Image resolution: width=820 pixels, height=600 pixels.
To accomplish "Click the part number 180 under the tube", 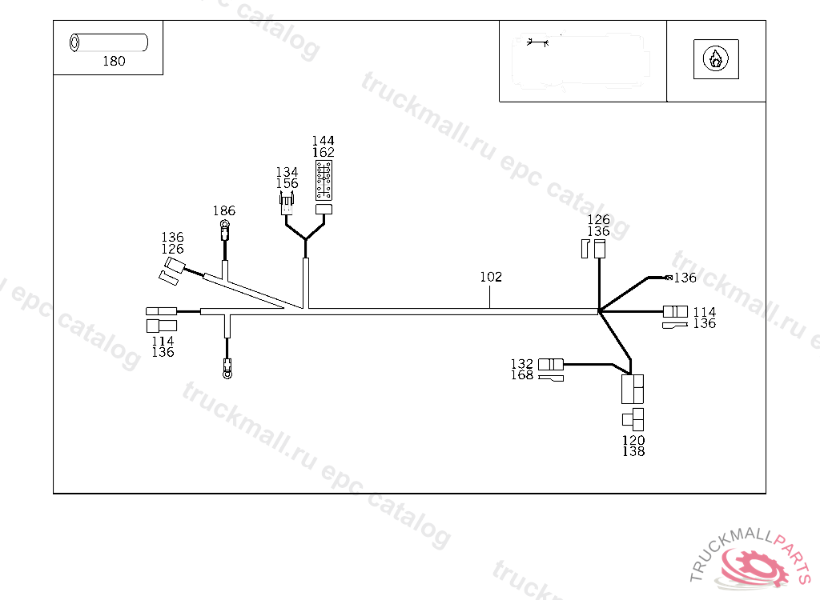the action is click(x=114, y=62).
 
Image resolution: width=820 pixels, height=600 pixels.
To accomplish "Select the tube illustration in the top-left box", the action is click(x=108, y=42).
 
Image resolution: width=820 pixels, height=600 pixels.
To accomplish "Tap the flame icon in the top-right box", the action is click(x=715, y=58).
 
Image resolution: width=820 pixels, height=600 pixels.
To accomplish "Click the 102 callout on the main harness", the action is click(x=491, y=278).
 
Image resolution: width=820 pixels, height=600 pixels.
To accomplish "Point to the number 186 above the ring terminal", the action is click(x=224, y=211).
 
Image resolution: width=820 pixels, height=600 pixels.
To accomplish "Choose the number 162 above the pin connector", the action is click(x=324, y=153).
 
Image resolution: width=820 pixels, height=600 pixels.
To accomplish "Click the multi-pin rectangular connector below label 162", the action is click(x=324, y=180).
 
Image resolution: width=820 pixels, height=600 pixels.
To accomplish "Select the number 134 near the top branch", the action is click(x=287, y=173).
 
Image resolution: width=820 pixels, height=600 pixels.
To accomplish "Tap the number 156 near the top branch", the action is click(x=287, y=184).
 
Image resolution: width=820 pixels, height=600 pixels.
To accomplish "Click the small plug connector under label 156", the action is click(x=287, y=205).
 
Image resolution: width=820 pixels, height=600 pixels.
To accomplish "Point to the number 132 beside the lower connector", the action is click(x=522, y=365).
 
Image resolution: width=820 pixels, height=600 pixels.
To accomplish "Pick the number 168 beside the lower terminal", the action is click(x=522, y=376).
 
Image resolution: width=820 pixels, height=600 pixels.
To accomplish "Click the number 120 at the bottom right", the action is click(x=633, y=441).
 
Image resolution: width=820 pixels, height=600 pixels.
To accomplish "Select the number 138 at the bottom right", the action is click(x=633, y=452).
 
